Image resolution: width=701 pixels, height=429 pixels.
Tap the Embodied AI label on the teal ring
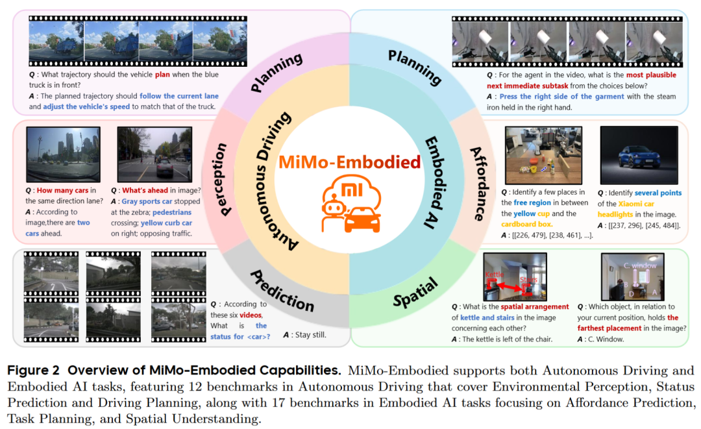(434, 182)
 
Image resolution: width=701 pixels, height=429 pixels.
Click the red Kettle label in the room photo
(495, 275)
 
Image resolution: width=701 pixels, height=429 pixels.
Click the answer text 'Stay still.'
(304, 335)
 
